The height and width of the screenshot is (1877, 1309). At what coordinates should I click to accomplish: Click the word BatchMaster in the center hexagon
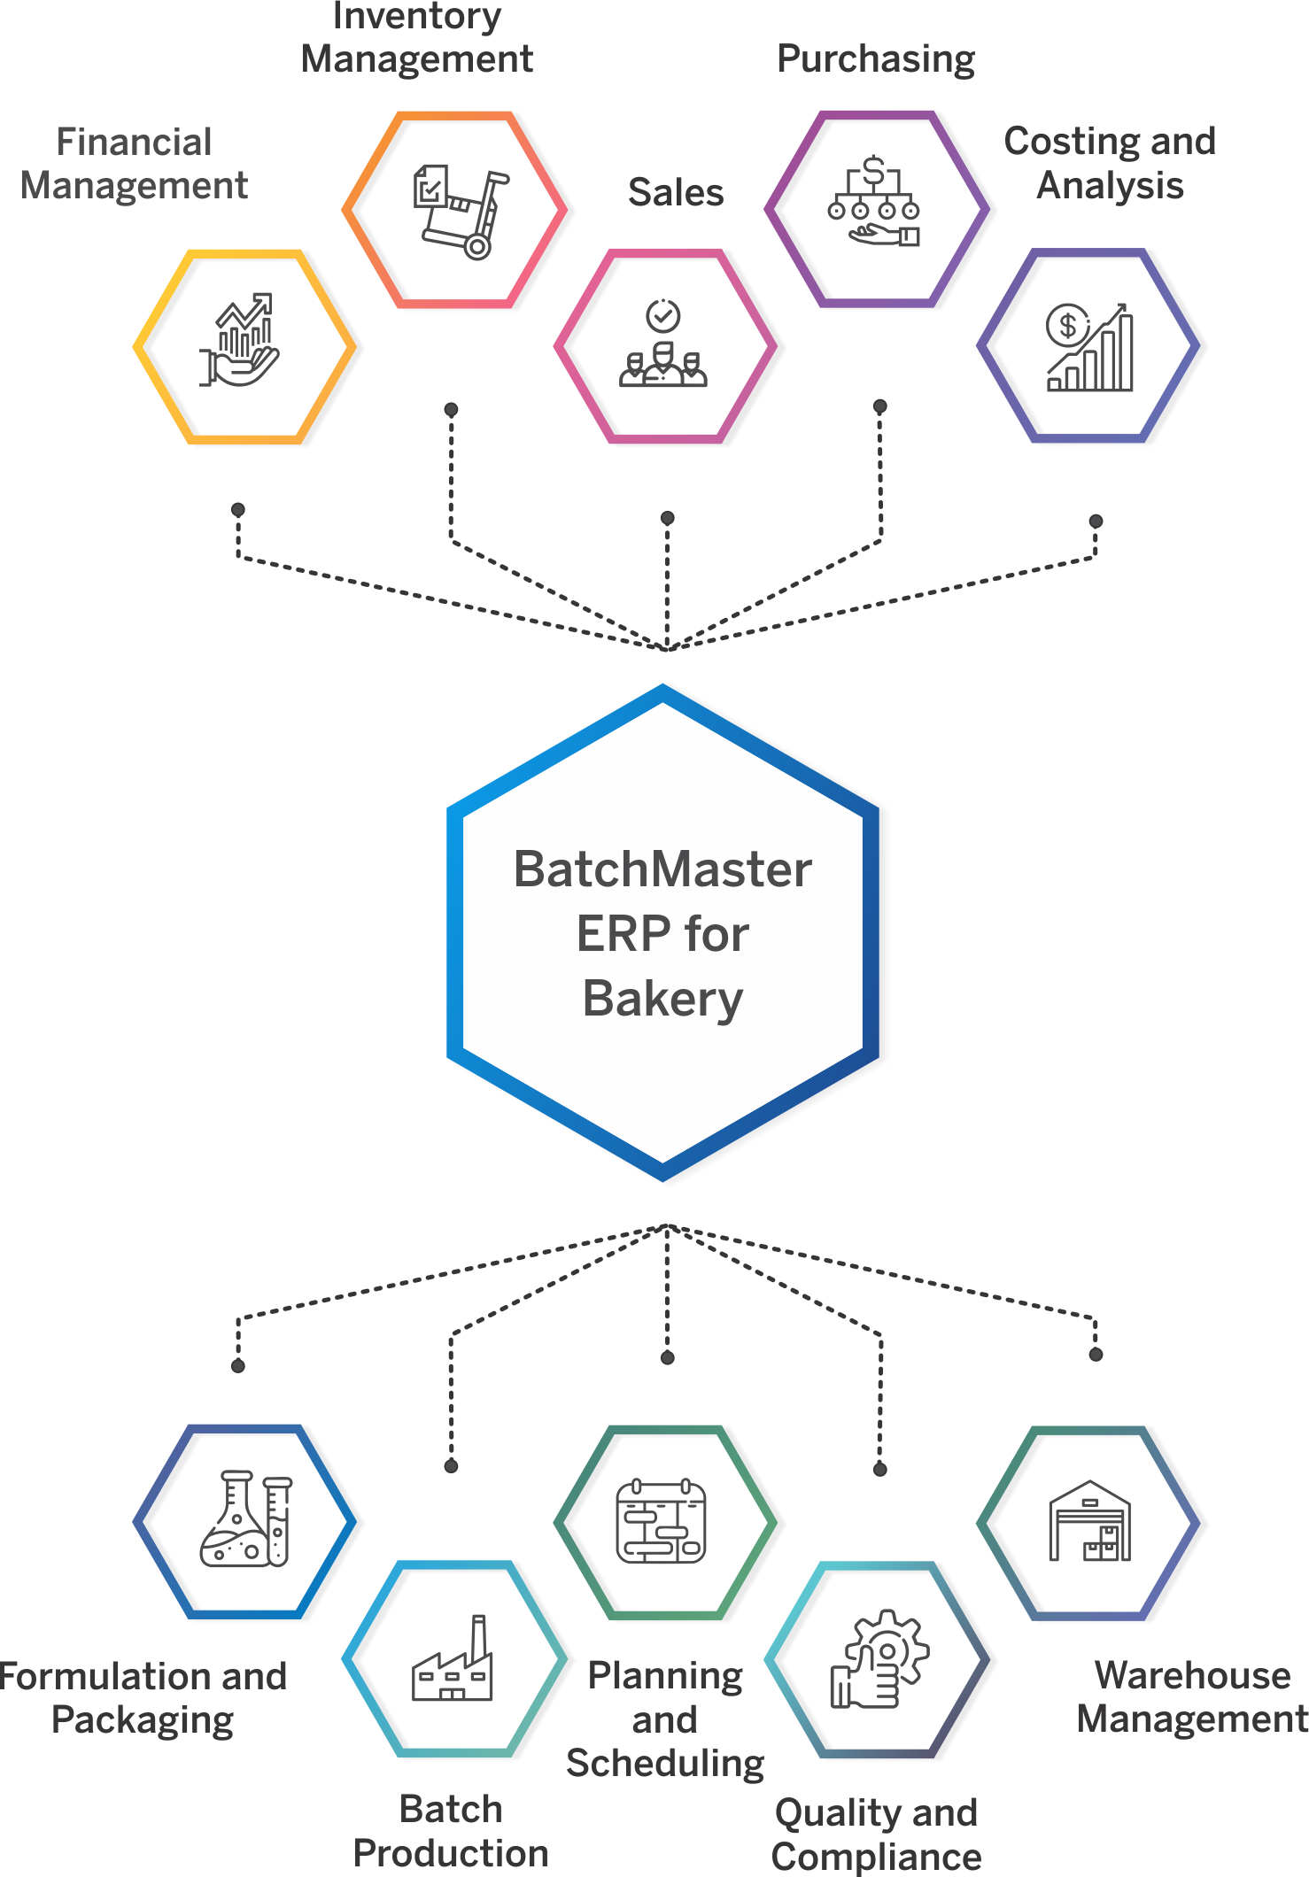click(662, 869)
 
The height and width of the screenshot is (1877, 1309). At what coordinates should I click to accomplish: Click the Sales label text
click(676, 192)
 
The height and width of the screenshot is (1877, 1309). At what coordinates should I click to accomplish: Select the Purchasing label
click(876, 60)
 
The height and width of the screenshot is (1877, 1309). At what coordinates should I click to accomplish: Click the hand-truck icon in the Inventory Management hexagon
click(461, 211)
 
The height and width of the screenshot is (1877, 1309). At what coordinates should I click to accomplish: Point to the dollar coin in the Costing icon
click(1067, 326)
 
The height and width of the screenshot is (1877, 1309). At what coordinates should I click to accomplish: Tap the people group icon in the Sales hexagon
click(663, 344)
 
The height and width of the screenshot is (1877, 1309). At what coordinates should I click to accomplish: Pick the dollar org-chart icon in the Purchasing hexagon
click(874, 201)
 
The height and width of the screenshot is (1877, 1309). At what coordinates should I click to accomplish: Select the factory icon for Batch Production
click(453, 1657)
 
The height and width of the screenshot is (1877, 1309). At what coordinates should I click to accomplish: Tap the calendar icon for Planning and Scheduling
click(662, 1521)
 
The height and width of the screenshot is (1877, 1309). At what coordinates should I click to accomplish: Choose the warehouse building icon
click(1090, 1520)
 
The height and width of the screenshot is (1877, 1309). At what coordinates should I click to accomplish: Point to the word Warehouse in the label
click(1193, 1675)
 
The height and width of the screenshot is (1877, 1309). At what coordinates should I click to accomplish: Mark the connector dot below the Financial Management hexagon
click(238, 510)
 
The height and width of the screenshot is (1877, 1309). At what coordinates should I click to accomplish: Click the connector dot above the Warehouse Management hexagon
click(1096, 1355)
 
